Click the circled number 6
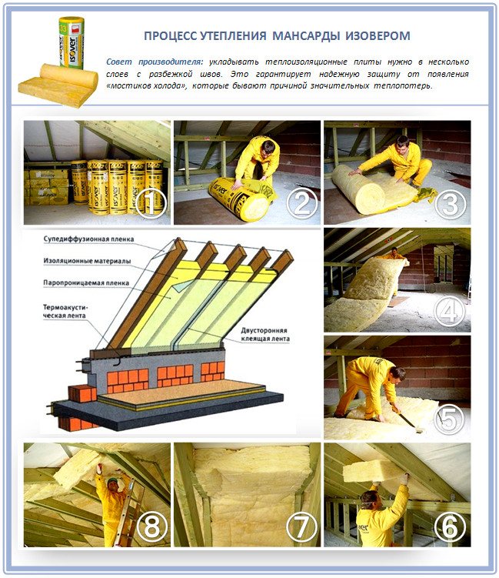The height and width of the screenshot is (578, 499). click(451, 527)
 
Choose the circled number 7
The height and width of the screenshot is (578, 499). click(301, 527)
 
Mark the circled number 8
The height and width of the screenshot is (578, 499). click(151, 527)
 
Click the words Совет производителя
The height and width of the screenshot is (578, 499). click(155, 61)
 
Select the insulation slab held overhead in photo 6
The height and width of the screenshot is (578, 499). click(374, 470)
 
